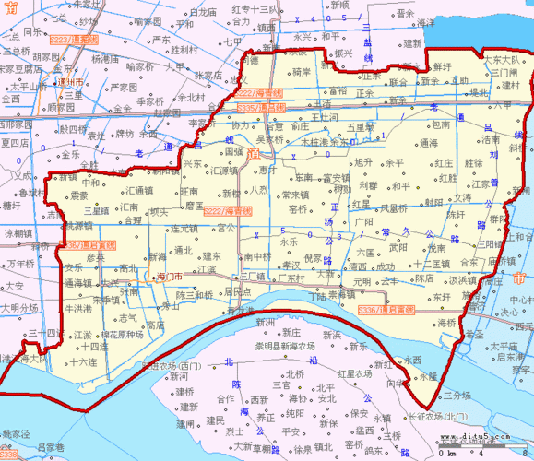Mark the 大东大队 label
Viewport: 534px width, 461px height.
(x=502, y=58)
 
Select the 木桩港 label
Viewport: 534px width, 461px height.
(x=314, y=143)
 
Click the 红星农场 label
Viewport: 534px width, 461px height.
(x=355, y=374)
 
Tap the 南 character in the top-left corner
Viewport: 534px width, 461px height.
(x=9, y=8)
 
